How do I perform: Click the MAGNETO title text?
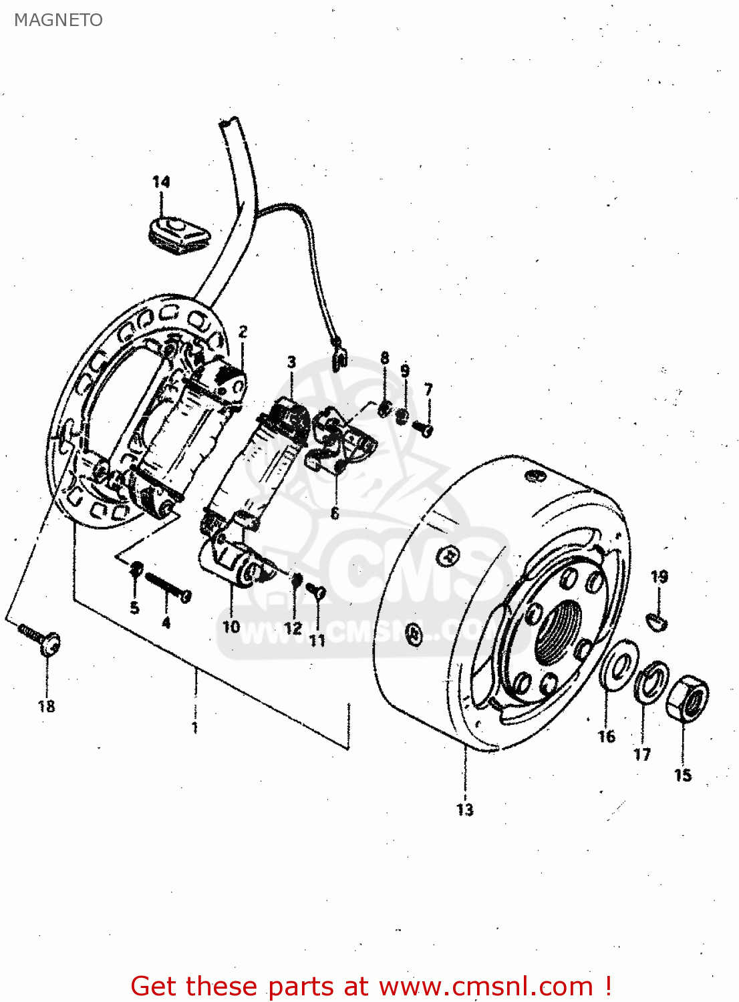coord(58,20)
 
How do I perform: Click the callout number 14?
coord(161,182)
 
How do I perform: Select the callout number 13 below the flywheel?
coord(465,810)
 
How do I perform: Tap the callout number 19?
coord(659,576)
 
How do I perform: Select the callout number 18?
coord(47,706)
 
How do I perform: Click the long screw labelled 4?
coord(167,586)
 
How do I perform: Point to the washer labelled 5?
coord(136,568)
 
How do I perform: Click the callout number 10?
coord(231,627)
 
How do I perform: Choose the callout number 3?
coord(291,362)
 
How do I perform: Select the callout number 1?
coord(194,727)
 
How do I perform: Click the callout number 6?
coord(335,513)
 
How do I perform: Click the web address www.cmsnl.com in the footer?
coord(486,986)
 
